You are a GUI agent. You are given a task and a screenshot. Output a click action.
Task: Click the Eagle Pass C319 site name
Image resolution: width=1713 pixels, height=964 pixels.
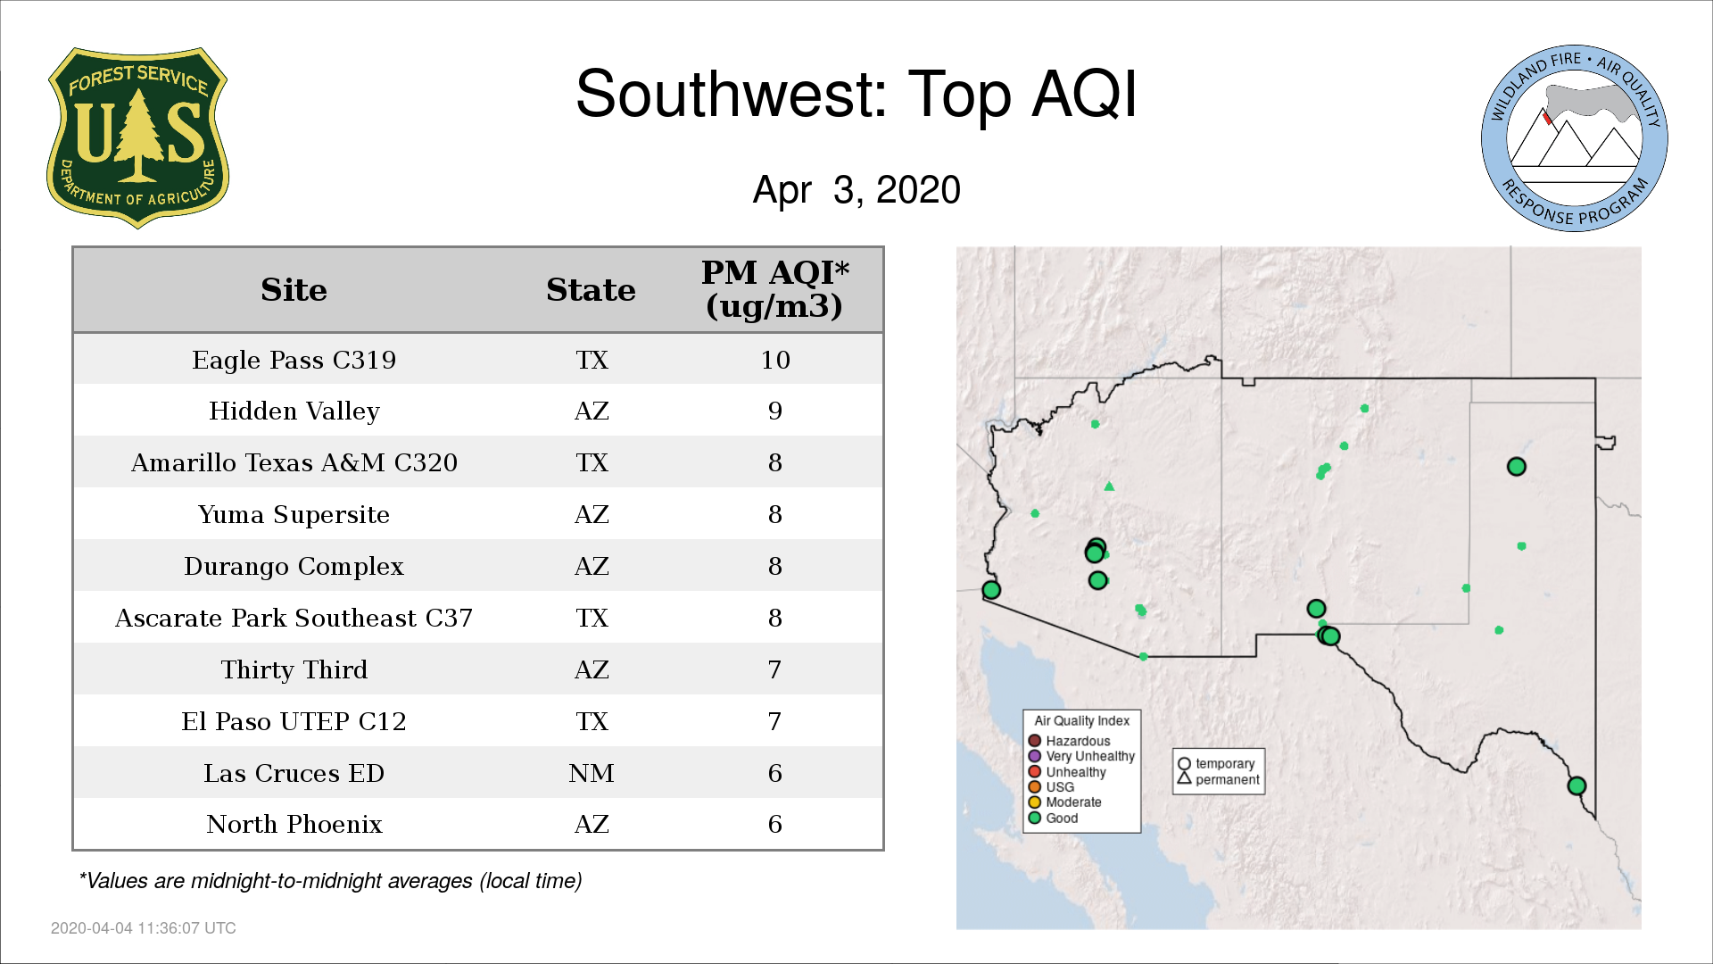[x=294, y=360]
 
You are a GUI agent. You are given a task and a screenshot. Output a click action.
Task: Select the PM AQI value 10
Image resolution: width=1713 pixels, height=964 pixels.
[x=775, y=360]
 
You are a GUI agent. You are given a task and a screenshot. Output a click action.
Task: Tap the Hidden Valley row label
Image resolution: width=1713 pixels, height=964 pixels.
[x=294, y=411]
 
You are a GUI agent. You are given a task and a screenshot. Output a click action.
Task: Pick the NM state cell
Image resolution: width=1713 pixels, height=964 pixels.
[x=592, y=773]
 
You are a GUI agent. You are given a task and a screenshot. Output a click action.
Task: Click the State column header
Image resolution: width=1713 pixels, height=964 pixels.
[x=591, y=290]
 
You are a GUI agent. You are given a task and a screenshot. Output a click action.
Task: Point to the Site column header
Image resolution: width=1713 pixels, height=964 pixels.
[x=294, y=290]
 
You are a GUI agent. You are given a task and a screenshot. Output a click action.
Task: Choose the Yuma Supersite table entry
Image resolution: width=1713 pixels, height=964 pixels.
[x=294, y=515]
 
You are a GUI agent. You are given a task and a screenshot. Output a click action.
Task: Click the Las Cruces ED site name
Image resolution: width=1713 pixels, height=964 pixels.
[x=294, y=773]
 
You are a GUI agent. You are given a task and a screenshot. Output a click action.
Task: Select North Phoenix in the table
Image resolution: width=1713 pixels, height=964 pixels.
[x=294, y=824]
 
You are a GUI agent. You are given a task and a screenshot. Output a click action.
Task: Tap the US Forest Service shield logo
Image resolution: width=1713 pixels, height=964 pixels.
[x=137, y=138]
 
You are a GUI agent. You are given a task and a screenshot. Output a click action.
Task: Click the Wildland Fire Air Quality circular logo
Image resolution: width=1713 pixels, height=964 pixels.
[x=1575, y=138]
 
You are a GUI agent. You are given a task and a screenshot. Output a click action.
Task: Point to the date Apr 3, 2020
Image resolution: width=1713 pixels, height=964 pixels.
[x=856, y=190]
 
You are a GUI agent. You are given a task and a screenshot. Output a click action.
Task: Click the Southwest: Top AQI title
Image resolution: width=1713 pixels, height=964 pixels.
[x=856, y=94]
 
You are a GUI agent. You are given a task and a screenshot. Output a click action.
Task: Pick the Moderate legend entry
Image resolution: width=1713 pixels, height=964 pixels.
[x=1064, y=802]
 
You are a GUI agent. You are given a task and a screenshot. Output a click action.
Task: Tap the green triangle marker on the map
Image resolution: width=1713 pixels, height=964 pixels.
[x=1109, y=486]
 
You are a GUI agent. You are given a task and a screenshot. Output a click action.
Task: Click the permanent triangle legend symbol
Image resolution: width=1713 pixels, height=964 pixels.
[x=1184, y=778]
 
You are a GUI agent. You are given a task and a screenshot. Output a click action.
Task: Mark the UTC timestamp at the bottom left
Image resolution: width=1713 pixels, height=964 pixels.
[x=144, y=928]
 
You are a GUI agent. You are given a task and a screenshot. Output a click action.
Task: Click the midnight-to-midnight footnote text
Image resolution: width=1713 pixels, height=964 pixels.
[x=330, y=881]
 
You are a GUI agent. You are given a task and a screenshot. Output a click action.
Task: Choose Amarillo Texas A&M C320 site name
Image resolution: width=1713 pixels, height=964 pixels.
[x=294, y=462]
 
